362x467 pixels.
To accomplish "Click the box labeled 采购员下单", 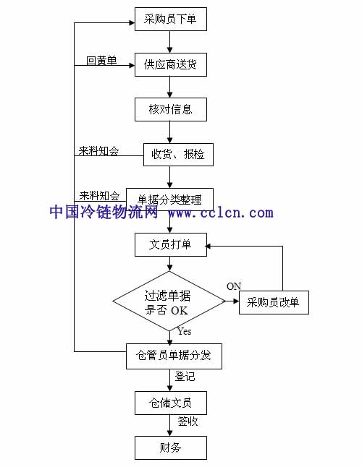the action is click(x=171, y=19).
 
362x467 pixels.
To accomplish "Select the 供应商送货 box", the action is click(x=171, y=64).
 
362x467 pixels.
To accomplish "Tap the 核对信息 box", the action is click(x=171, y=110).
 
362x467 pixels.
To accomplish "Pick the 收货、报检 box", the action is click(x=178, y=155).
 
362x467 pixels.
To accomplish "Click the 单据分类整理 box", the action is click(x=169, y=200).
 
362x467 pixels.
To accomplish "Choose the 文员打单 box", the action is click(x=171, y=244).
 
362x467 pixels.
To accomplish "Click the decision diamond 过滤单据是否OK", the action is click(x=169, y=301).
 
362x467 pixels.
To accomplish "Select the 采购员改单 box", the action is click(x=274, y=302).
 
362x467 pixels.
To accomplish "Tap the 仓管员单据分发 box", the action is click(x=174, y=356).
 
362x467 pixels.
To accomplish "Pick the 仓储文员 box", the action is click(x=171, y=403).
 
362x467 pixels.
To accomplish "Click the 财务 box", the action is click(x=171, y=447).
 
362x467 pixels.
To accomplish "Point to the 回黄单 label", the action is click(x=101, y=61).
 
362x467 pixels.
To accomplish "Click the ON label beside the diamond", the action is click(x=234, y=286).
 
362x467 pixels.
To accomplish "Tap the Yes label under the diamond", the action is click(x=185, y=331).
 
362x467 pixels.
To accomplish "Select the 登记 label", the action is click(x=185, y=377).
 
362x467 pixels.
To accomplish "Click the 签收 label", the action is click(x=188, y=421).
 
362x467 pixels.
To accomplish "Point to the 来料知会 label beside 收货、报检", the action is click(x=98, y=151).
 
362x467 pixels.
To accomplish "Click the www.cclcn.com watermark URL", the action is click(x=221, y=213).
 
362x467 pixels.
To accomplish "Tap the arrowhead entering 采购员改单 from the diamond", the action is click(x=236, y=301).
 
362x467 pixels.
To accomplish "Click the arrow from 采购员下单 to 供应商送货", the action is click(x=169, y=42).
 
